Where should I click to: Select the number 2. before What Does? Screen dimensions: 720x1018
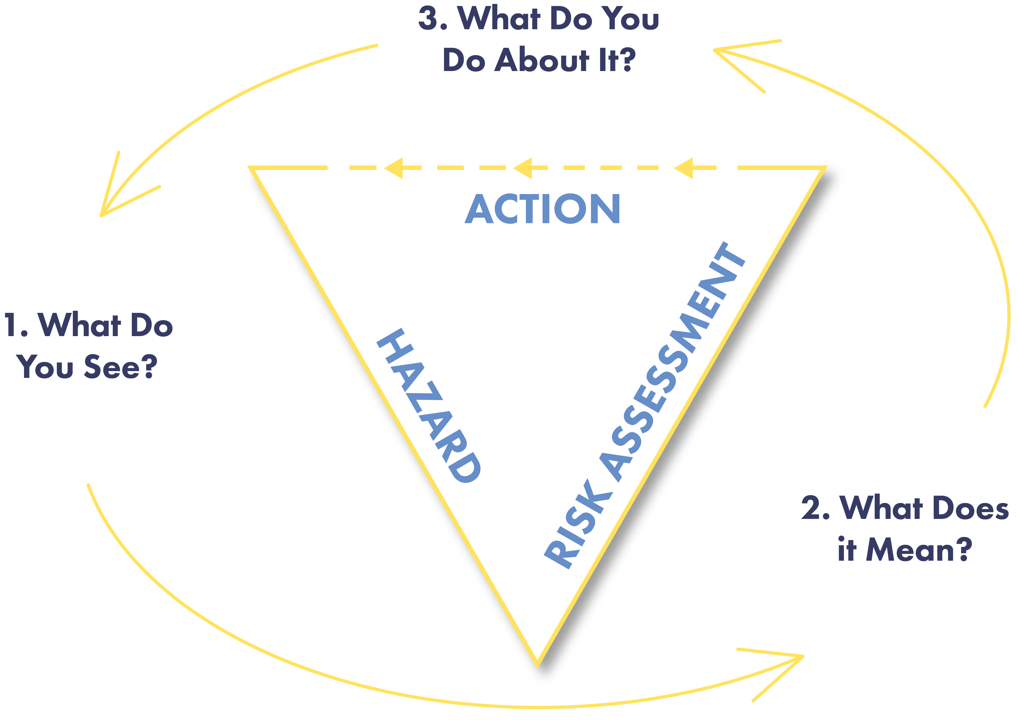(x=815, y=508)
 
